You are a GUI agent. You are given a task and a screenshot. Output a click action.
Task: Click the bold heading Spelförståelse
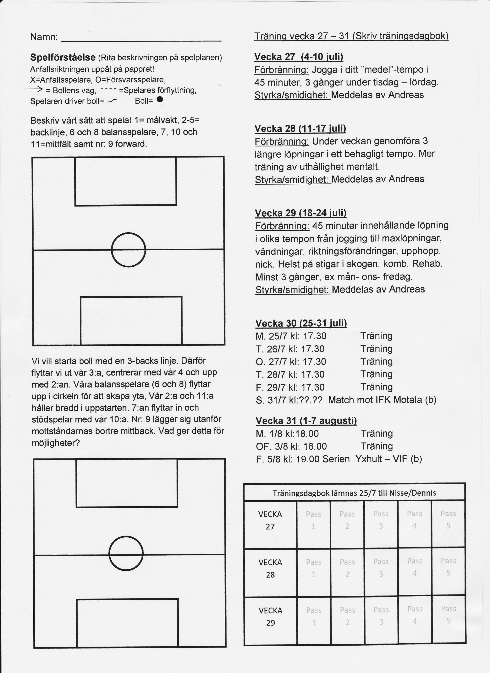(x=63, y=57)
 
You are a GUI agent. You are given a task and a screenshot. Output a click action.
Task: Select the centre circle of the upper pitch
(x=128, y=250)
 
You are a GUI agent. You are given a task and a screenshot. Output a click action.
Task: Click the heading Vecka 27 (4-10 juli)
(x=299, y=57)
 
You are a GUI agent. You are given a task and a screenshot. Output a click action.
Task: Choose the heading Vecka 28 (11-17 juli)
(x=300, y=129)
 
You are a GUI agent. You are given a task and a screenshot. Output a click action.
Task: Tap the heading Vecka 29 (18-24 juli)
(x=300, y=213)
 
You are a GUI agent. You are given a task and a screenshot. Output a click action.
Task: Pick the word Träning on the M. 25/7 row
(x=376, y=336)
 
